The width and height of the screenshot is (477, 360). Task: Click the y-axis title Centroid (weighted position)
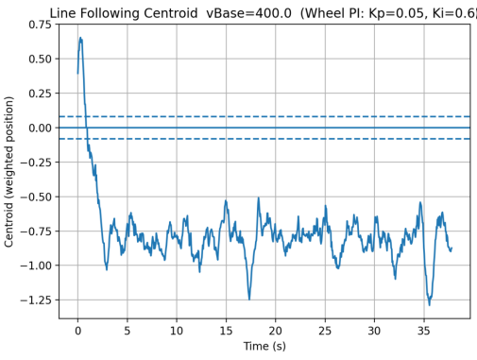pyautogui.click(x=9, y=171)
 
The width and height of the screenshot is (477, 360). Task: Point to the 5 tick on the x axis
pyautogui.click(x=128, y=331)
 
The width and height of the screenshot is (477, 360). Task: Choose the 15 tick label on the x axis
pyautogui.click(x=226, y=331)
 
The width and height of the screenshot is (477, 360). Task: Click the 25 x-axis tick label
pyautogui.click(x=325, y=331)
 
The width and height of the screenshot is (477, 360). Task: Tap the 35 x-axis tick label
pyautogui.click(x=424, y=331)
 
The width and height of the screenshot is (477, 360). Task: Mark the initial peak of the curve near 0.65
pyautogui.click(x=80, y=38)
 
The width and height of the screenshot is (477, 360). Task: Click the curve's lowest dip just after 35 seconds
pyautogui.click(x=430, y=304)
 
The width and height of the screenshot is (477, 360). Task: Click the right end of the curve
pyautogui.click(x=451, y=249)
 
